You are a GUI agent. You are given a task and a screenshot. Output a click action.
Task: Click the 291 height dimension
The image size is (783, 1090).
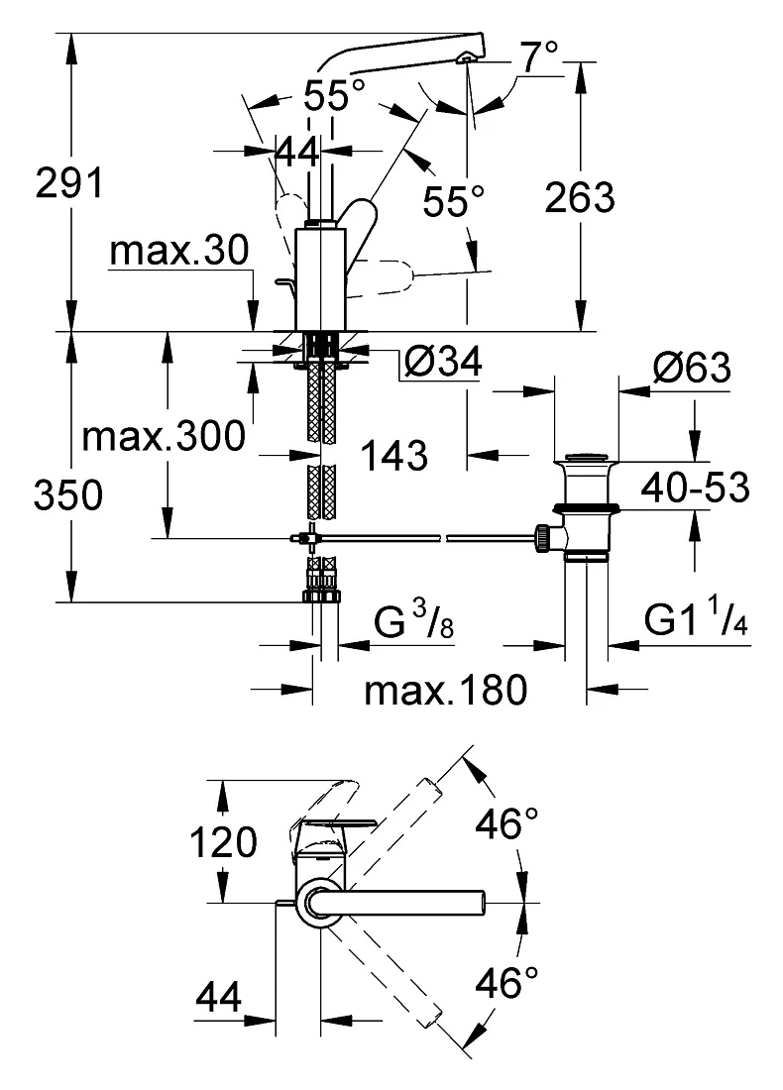tap(68, 183)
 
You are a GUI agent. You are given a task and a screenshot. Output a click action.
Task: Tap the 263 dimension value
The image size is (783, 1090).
tap(580, 197)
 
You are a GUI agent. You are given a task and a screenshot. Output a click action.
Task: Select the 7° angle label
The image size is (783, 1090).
tap(539, 56)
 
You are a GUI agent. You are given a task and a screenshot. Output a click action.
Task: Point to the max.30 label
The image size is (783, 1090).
tap(178, 251)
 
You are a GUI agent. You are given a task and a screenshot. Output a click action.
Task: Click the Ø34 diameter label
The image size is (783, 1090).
tap(442, 362)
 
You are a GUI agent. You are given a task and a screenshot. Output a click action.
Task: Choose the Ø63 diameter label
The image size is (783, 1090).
tap(692, 367)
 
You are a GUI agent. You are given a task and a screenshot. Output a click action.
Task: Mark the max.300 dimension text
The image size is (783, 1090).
tap(165, 437)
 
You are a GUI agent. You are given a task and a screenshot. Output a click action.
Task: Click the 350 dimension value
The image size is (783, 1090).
tap(68, 495)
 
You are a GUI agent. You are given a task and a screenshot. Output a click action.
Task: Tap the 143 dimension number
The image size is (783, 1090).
tap(394, 456)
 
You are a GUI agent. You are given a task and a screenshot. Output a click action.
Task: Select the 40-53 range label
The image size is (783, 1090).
tap(696, 488)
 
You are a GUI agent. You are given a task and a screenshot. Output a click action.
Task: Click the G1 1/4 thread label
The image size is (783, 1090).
tap(697, 618)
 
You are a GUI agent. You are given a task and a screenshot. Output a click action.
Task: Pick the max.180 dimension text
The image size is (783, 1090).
tap(446, 691)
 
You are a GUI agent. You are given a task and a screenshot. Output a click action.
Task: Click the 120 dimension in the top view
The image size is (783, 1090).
tap(223, 842)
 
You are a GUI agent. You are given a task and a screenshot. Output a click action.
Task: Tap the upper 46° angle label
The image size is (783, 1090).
tap(506, 823)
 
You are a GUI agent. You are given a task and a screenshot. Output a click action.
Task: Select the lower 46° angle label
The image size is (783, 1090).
tap(506, 983)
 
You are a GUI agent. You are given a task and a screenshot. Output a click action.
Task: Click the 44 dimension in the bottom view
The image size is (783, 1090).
tap(218, 997)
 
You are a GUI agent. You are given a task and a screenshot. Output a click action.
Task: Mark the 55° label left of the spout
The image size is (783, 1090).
tap(334, 95)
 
